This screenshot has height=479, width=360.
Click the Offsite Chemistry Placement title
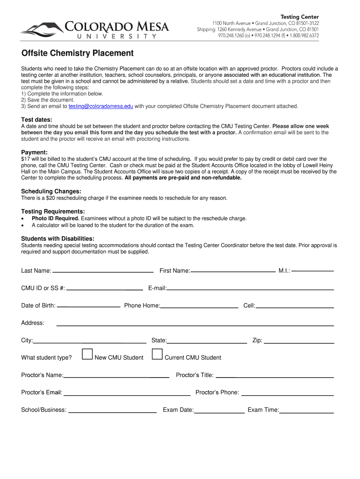(x=77, y=53)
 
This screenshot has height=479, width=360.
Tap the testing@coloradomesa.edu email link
(x=101, y=106)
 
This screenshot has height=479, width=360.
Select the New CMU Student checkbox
(x=87, y=354)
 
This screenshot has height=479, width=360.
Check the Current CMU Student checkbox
(x=157, y=354)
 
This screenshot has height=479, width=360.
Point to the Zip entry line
(x=299, y=342)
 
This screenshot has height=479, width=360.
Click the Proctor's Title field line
(x=274, y=376)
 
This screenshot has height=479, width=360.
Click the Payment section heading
(x=35, y=152)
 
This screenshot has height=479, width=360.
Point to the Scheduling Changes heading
(x=51, y=191)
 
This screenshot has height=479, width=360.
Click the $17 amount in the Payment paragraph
(x=26, y=159)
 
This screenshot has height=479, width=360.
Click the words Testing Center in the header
(x=300, y=17)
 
